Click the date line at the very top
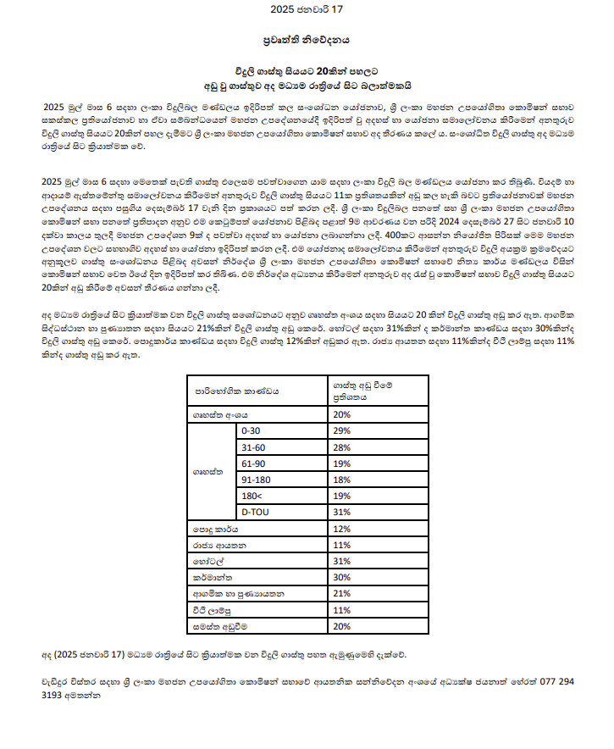tap(307, 10)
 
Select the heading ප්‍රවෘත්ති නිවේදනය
tap(307, 39)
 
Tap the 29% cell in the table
tap(342, 431)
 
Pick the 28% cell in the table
tap(342, 447)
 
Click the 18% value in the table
tap(342, 480)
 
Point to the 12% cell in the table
tap(342, 529)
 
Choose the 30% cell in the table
tap(342, 577)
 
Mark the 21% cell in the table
tap(342, 593)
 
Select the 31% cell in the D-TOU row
tap(342, 512)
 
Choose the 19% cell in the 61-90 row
tap(342, 463)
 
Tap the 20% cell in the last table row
tap(342, 626)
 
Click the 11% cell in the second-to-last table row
tap(342, 610)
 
